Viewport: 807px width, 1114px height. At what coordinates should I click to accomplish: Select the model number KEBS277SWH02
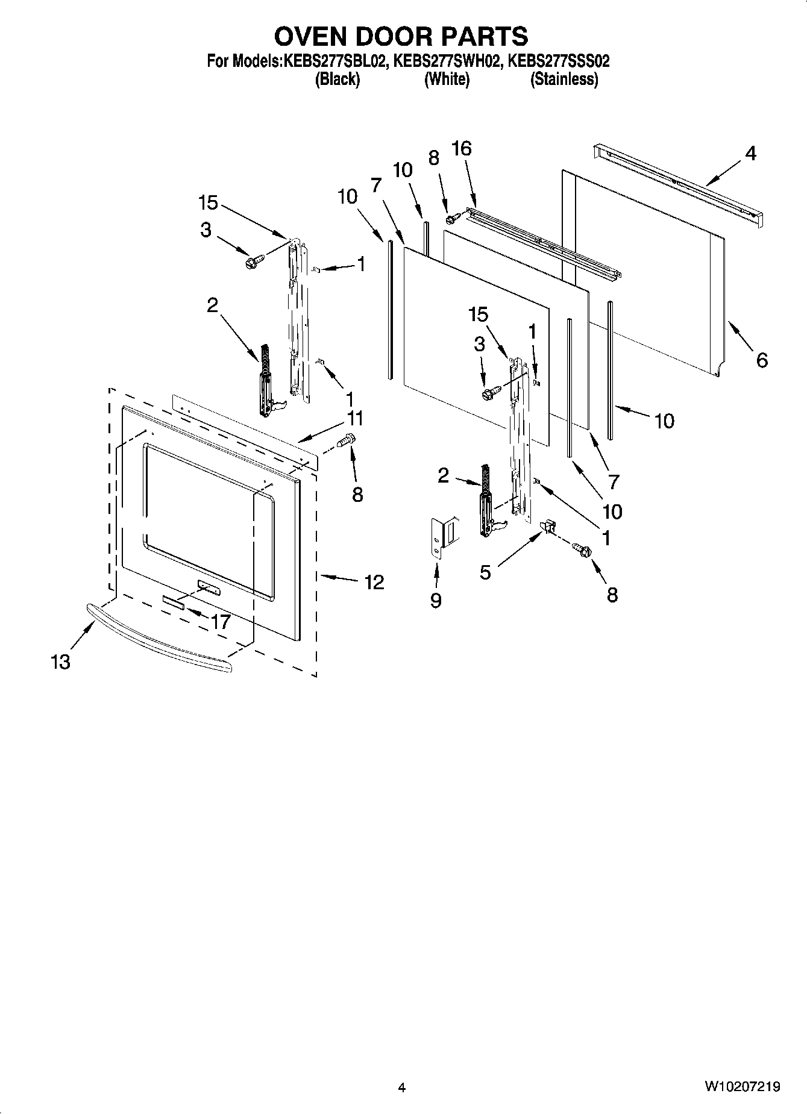point(447,61)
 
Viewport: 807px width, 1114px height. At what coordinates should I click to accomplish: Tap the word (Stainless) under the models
point(564,80)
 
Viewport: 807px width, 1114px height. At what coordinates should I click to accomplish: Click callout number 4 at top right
point(750,154)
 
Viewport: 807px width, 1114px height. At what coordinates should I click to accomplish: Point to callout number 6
point(762,360)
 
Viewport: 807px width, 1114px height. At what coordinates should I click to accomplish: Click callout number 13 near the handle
point(60,662)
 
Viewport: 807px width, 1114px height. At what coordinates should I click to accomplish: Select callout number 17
point(221,621)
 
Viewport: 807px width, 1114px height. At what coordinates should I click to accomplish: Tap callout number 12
point(374,582)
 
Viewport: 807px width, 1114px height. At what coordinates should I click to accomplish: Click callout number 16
point(462,148)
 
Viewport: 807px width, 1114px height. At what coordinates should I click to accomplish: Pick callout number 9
point(436,600)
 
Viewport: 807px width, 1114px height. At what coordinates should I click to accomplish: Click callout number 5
point(485,572)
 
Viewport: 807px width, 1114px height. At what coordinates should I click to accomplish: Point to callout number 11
point(354,418)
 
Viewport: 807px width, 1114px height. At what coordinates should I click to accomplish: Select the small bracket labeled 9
point(444,536)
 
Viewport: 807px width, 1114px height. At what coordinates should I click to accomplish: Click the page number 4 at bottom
point(402,1087)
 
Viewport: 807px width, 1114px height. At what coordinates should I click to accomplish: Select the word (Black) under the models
point(338,80)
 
